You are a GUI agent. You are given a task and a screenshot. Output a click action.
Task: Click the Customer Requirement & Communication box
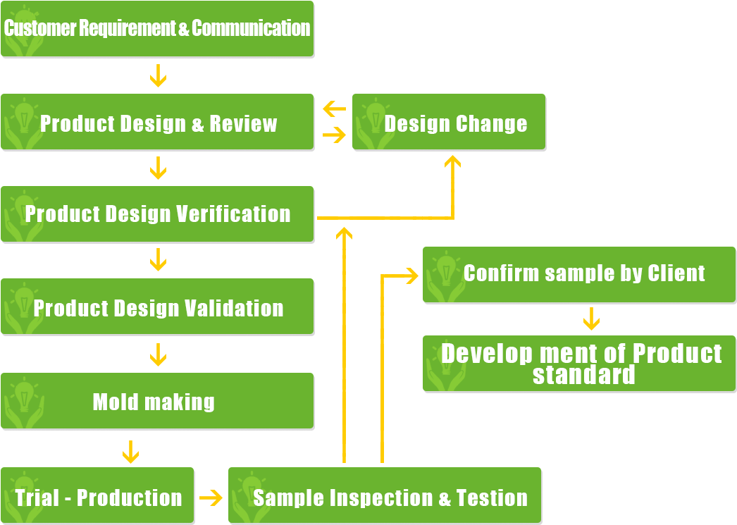pos(156,29)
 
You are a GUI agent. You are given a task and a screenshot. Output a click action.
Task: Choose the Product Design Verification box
pos(156,214)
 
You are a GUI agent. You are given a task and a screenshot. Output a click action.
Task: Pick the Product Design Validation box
pos(156,307)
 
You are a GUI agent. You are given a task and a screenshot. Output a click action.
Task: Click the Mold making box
pos(156,400)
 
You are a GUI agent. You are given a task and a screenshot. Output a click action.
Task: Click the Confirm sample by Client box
pos(579,274)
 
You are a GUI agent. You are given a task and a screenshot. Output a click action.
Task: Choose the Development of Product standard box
pos(579,363)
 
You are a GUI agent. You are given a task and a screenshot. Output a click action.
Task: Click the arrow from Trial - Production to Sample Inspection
pos(211,498)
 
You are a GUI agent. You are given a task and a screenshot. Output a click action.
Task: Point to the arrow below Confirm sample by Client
pos(591,319)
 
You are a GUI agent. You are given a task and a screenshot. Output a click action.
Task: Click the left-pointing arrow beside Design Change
pos(334,109)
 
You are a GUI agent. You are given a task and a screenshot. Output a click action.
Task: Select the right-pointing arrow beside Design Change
pos(334,135)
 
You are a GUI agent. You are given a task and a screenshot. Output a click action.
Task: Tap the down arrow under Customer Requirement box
pos(158,75)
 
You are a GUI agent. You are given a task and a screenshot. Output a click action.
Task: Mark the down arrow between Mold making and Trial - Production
pos(130,452)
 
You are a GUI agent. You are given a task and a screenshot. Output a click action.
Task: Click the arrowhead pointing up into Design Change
pos(452,162)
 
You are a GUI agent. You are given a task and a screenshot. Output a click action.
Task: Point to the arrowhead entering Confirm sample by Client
pos(411,276)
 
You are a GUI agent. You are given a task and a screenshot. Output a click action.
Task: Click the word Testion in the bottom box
pos(492,498)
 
